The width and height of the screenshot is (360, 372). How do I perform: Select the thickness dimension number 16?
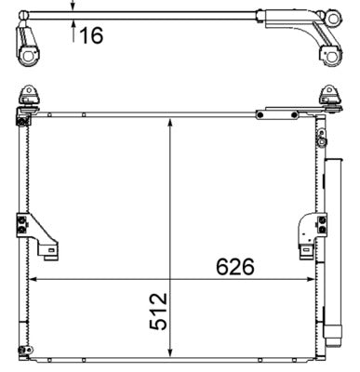coord(90,35)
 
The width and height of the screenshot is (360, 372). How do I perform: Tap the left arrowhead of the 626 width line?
coord(34,278)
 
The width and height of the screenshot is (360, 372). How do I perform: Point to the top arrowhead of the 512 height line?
coord(169,123)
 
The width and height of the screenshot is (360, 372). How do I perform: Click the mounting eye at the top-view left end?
coord(29,55)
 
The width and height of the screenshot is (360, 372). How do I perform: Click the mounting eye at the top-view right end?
coord(328,55)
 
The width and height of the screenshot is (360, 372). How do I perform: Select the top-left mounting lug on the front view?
coord(28,98)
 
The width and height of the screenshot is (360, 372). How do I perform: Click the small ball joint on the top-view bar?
coord(329,15)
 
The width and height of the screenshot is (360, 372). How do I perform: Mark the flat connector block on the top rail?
coord(278,112)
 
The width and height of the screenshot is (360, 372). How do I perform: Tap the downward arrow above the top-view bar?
coord(73,5)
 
